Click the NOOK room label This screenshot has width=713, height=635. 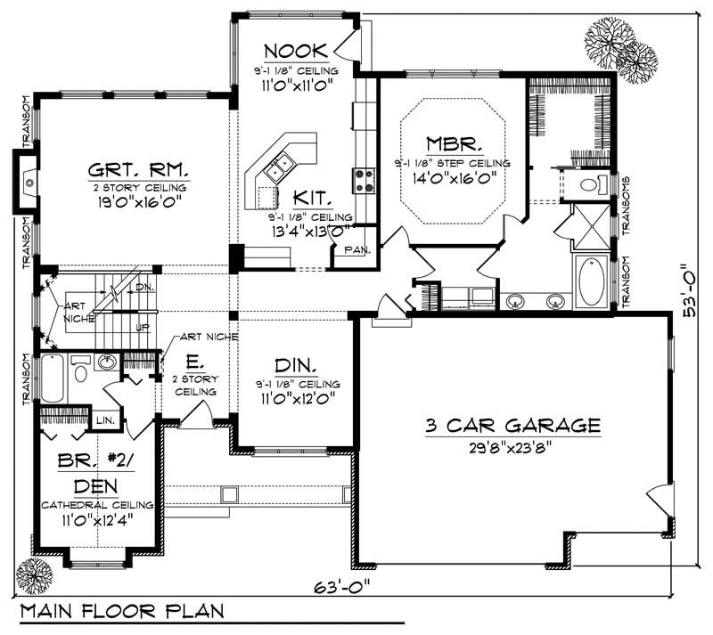coord(293,50)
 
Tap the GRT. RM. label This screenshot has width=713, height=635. coord(138,169)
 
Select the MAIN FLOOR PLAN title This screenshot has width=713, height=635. coord(122,613)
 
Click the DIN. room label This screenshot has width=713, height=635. coord(297,365)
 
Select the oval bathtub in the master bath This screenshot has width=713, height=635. coord(591,281)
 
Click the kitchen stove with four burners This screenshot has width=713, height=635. coord(365,181)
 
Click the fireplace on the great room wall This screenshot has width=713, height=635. coord(27,181)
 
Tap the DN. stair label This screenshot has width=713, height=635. coord(144,288)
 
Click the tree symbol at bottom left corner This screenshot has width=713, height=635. coord(33,573)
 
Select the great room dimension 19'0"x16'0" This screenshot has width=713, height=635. coord(138,202)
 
